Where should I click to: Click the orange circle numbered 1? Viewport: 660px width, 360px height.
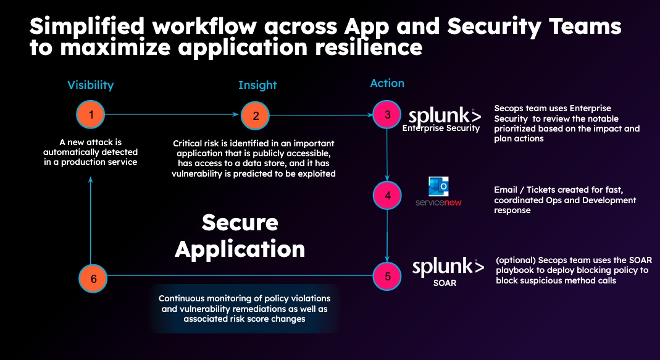tap(91, 114)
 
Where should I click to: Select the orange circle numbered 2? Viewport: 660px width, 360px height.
tap(255, 115)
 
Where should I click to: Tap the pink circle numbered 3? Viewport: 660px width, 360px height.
tap(387, 114)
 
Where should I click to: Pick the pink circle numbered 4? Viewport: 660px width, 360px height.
tap(387, 195)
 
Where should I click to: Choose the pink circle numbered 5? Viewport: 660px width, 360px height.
tap(387, 276)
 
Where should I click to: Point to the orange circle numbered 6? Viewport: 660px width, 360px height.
tap(93, 278)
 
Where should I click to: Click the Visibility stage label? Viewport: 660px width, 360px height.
tap(91, 85)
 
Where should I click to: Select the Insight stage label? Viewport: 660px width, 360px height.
tap(257, 85)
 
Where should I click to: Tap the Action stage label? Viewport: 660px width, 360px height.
tap(387, 83)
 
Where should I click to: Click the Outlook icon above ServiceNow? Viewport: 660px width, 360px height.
tap(438, 186)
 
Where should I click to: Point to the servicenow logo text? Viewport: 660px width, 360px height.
tap(438, 203)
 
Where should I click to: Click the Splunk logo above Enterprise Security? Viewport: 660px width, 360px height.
tap(445, 116)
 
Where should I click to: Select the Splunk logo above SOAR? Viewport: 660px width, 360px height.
tap(448, 267)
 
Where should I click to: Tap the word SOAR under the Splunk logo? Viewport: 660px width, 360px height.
tap(445, 283)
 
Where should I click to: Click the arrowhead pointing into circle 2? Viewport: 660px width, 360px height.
tap(236, 114)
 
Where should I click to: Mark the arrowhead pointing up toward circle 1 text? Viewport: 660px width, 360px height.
tap(91, 180)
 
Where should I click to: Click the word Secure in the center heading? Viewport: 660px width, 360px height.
tap(240, 222)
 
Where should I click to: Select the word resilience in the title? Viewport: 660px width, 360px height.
tap(369, 47)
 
